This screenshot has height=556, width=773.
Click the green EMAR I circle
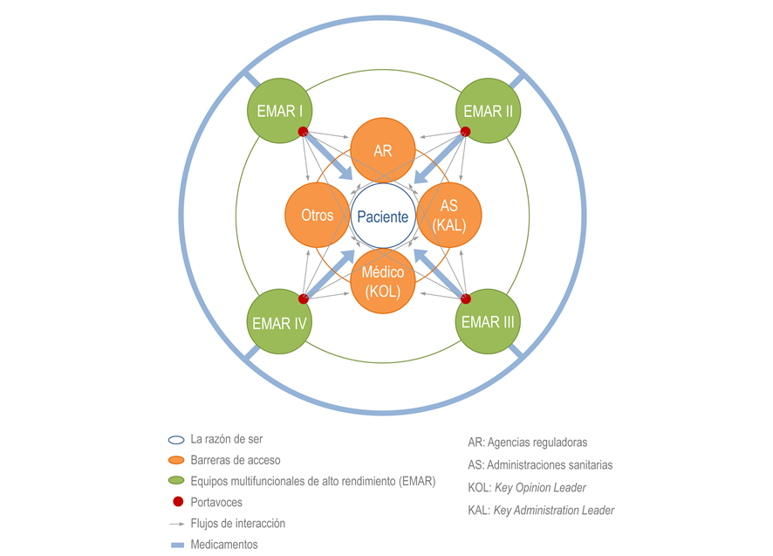[279, 111]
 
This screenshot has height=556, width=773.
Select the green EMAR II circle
[488, 111]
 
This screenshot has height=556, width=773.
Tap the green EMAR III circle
[488, 321]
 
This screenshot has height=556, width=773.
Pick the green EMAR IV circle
[279, 321]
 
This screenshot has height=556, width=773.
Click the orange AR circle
[382, 150]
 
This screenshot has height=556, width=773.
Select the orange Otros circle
[318, 215]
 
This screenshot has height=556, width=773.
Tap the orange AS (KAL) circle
[449, 215]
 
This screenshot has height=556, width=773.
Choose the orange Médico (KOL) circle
[382, 281]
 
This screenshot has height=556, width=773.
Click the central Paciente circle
[382, 216]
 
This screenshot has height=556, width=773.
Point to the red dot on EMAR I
[304, 132]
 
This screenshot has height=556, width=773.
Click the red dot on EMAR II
[465, 132]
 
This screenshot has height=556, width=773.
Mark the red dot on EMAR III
[465, 299]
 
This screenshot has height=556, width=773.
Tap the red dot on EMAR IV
[304, 299]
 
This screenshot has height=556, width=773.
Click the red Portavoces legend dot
[178, 502]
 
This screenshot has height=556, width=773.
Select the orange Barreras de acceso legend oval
[176, 460]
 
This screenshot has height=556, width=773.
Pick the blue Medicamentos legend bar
[177, 546]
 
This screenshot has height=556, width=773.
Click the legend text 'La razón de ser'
[226, 439]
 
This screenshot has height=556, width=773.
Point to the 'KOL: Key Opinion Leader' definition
[527, 487]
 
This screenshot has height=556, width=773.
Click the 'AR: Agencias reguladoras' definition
[528, 442]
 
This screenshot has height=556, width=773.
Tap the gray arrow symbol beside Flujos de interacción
[177, 524]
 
